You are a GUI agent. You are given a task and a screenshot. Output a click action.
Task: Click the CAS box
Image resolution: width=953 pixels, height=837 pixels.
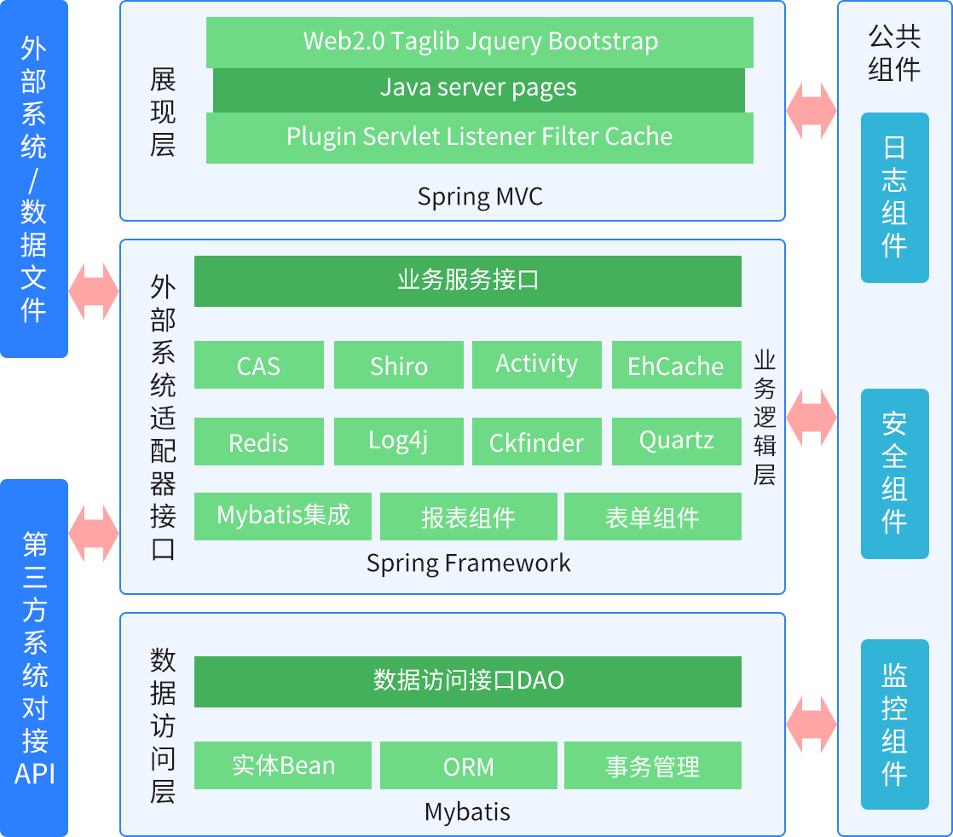258,365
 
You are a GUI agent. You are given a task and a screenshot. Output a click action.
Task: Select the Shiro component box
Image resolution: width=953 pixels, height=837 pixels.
398,365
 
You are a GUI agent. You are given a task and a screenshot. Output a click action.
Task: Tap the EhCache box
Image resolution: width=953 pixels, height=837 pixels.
676,365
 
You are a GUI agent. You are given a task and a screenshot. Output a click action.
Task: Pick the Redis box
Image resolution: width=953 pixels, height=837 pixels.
258,442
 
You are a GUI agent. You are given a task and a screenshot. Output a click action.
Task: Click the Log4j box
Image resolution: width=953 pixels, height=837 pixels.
398,442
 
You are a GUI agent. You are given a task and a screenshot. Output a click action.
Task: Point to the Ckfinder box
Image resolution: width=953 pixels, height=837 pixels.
536,442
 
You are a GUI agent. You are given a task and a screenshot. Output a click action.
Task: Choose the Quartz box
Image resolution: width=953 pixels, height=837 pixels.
676,442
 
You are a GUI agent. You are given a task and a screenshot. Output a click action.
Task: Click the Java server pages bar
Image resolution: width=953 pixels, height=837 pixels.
478,89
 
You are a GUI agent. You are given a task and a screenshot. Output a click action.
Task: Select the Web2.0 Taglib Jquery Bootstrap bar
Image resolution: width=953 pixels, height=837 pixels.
479,42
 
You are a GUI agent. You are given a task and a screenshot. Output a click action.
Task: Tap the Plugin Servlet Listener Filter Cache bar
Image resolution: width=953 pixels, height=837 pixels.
479,137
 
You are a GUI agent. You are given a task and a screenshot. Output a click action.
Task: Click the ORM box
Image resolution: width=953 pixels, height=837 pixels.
468,765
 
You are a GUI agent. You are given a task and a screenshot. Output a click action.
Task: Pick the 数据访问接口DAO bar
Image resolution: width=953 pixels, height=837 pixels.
467,682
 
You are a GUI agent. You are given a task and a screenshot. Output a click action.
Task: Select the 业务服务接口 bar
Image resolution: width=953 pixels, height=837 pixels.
467,281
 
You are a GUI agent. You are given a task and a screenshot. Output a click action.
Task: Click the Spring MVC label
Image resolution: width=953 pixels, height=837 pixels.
479,197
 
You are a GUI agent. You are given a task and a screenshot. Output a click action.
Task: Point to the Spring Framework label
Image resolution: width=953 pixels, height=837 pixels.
468,563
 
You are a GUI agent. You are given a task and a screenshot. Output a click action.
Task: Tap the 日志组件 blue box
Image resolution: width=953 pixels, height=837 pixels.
894,197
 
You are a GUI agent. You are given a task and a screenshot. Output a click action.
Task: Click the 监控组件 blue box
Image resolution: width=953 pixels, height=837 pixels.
894,724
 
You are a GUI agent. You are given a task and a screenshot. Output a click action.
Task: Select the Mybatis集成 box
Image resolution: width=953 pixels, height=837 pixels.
283,517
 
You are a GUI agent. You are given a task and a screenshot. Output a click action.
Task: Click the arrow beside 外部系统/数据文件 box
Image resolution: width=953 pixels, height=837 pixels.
94,292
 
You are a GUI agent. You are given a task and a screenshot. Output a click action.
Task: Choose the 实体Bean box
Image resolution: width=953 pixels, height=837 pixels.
283,765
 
